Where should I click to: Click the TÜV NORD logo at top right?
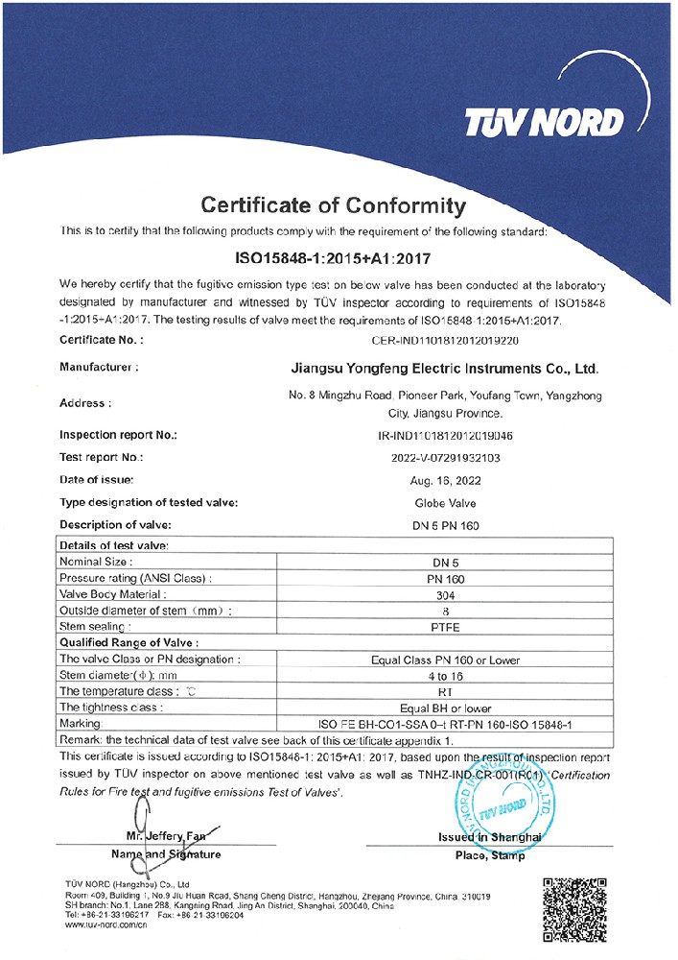[543, 122]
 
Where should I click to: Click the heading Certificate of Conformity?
[333, 205]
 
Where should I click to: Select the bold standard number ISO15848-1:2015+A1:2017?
[334, 258]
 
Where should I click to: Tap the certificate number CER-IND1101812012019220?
[444, 340]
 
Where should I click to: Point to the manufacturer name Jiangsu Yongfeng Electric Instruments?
[444, 368]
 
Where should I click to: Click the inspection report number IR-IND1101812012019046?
[445, 435]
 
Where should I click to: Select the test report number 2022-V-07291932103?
[445, 457]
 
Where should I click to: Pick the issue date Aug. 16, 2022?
[445, 479]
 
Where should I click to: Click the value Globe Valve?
[445, 502]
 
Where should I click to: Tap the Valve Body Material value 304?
[445, 594]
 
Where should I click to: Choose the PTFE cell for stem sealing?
[445, 627]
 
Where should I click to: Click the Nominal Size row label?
[96, 562]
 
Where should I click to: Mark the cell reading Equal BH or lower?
[445, 708]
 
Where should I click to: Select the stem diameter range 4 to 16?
[445, 675]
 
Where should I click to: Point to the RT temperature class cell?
[445, 691]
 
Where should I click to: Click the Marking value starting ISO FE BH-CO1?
[445, 724]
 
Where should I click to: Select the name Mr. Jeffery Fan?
[165, 835]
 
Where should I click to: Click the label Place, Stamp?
[490, 855]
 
